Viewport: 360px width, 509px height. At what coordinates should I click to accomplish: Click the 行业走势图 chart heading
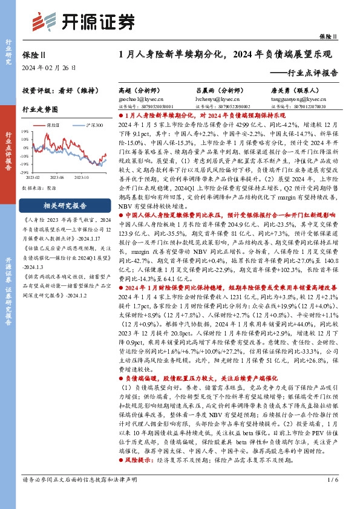click(x=39, y=110)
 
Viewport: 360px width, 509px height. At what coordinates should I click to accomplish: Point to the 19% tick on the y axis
click(x=24, y=130)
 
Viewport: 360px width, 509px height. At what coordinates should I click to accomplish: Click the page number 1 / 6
click(x=330, y=497)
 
